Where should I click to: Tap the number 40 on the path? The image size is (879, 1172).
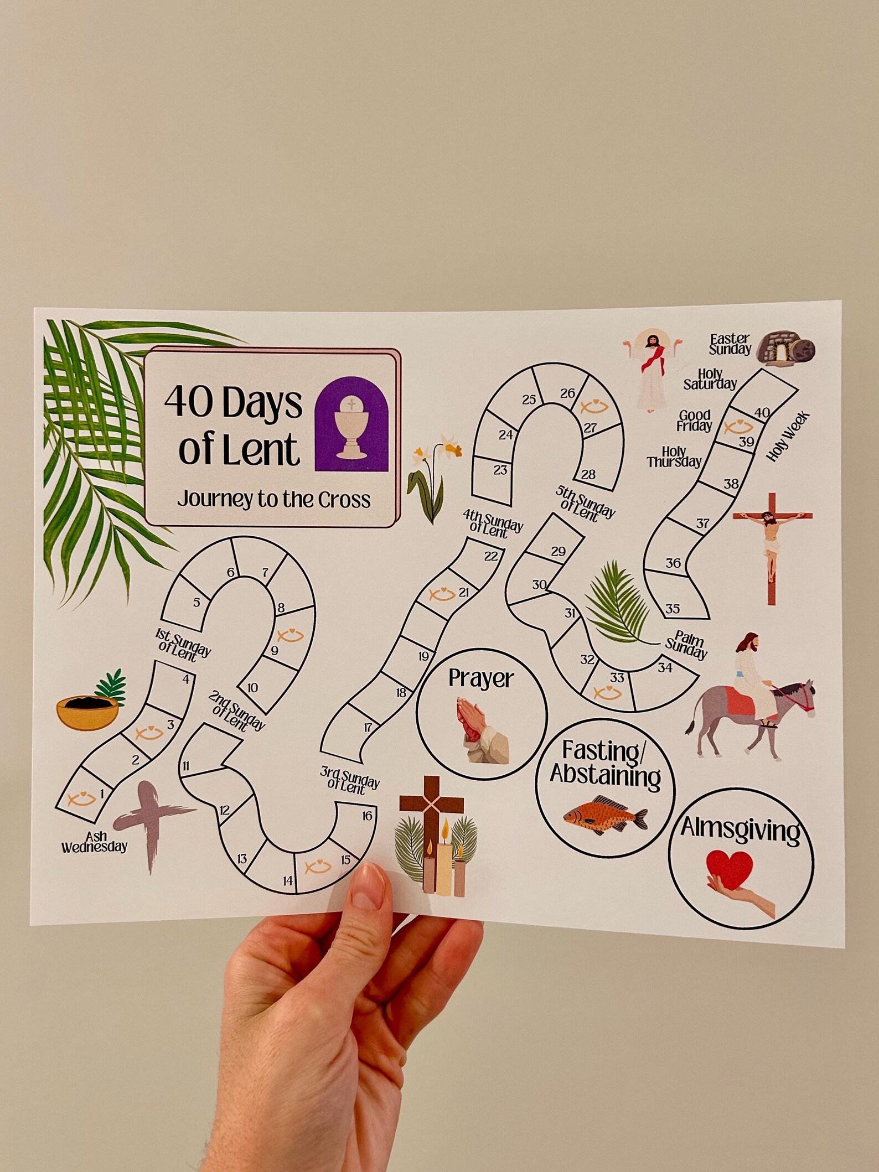pos(762,412)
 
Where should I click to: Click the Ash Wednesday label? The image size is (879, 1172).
pos(95,842)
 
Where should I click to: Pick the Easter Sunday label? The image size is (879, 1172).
pos(730,344)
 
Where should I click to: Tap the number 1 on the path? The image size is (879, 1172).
pos(102,794)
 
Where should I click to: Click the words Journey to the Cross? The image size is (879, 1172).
pos(274,500)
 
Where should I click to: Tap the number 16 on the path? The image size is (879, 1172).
pos(367,816)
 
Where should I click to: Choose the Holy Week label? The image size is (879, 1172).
pos(788,437)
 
